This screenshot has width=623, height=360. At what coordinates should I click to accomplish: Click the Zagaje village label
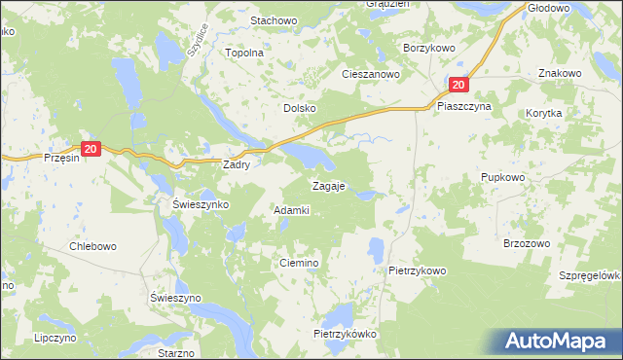coord(328,185)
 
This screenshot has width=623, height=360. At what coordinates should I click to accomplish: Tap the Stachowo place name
coord(273,20)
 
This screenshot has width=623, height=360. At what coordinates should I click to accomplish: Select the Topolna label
coord(244,54)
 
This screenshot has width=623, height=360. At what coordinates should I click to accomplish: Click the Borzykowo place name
coord(430,47)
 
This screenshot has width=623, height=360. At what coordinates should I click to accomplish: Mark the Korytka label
coord(544,113)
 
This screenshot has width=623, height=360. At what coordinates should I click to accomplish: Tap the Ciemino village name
coord(300,264)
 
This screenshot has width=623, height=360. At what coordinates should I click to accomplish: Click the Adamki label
coord(292,210)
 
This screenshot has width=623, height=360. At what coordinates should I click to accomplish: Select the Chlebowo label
coord(92,246)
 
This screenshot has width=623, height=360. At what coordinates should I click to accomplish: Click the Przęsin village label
coord(60,157)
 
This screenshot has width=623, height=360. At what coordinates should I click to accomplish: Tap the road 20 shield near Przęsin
coord(91,149)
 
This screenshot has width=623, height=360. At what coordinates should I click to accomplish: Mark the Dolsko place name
coord(299,109)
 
